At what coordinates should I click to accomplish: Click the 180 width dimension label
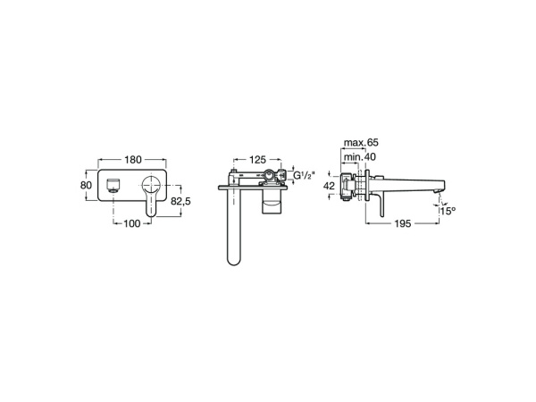(x=132, y=159)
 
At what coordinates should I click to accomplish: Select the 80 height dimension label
(x=87, y=185)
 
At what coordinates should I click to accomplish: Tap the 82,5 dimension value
(x=181, y=203)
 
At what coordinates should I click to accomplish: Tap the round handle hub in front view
(x=151, y=188)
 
